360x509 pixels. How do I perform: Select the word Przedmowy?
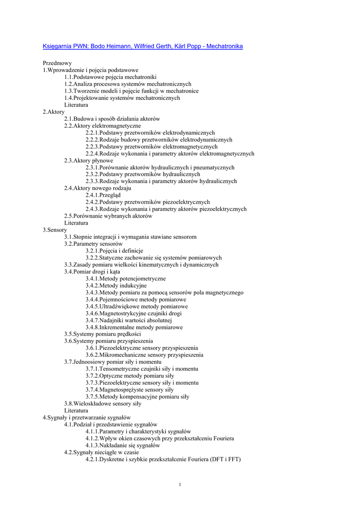pyautogui.click(x=57, y=64)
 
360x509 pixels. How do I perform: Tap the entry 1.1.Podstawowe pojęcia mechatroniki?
pyautogui.click(x=110, y=78)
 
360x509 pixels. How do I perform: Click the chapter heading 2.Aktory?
pyautogui.click(x=54, y=112)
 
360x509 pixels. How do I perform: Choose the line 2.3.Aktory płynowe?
pyautogui.click(x=89, y=161)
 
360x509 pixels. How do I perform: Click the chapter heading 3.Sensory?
pyautogui.click(x=55, y=230)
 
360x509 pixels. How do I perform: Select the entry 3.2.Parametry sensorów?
pyautogui.click(x=93, y=244)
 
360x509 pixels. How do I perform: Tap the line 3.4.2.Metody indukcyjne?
pyautogui.click(x=116, y=286)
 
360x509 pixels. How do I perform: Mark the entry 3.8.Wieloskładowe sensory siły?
pyautogui.click(x=102, y=404)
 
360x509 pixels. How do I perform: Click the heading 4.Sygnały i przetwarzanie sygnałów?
pyautogui.click(x=87, y=418)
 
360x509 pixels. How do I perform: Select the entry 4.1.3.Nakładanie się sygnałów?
pyautogui.click(x=123, y=446)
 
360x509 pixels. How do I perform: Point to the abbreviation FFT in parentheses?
pyautogui.click(x=231, y=460)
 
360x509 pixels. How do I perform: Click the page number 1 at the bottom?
pyautogui.click(x=180, y=485)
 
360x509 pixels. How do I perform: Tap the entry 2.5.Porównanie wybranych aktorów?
pyautogui.click(x=108, y=216)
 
